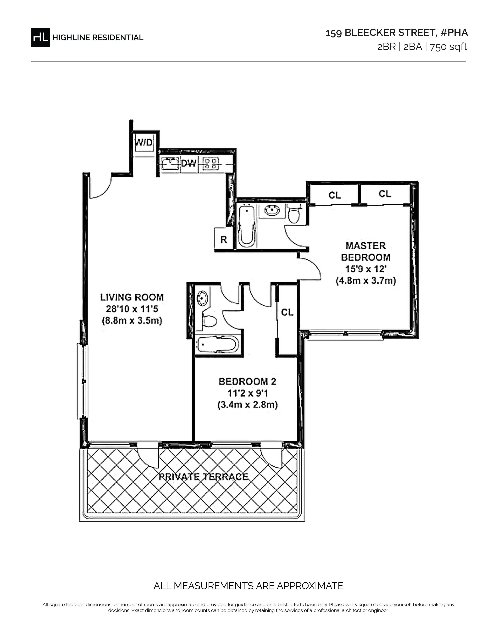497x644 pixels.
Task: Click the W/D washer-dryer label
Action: (x=144, y=143)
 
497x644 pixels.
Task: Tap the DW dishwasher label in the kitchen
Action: (x=188, y=163)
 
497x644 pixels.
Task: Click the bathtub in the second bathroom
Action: (x=218, y=344)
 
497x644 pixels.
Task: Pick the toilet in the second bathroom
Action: (x=210, y=321)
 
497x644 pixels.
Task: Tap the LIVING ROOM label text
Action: (x=132, y=297)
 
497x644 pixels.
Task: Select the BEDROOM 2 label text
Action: (x=247, y=382)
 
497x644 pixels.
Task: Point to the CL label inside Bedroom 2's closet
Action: (x=287, y=312)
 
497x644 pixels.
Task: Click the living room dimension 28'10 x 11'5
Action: (x=132, y=309)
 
